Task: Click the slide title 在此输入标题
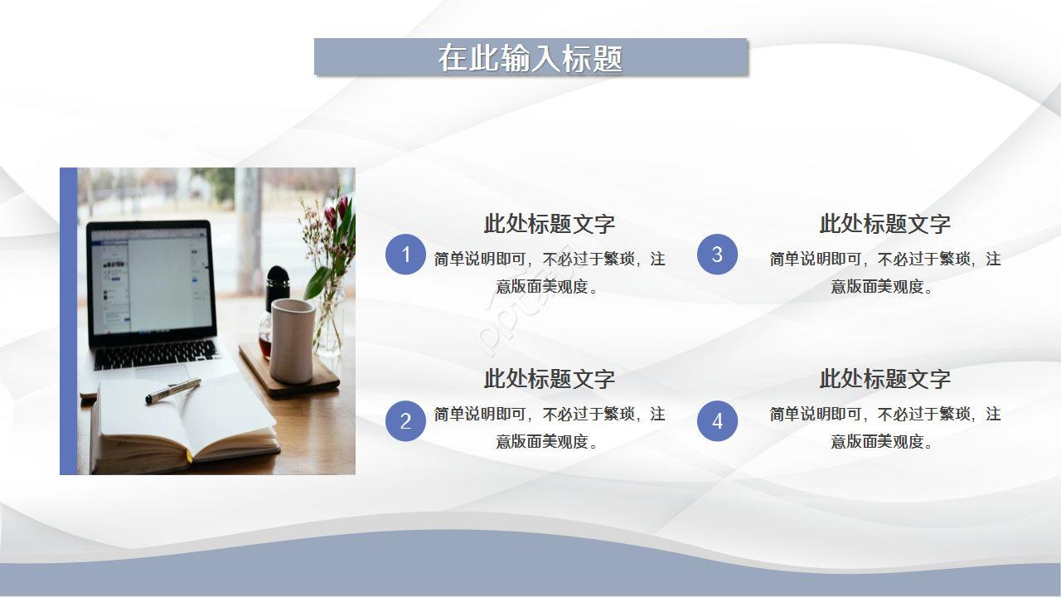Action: click(530, 58)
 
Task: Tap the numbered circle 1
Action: click(405, 255)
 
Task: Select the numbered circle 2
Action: click(405, 421)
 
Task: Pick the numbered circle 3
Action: click(717, 255)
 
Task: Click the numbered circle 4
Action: click(717, 421)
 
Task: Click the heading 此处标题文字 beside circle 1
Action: click(550, 224)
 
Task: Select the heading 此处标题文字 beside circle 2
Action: click(550, 379)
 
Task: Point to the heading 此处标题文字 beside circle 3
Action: click(884, 224)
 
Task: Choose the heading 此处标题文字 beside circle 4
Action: click(884, 379)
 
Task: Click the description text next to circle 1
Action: click(550, 273)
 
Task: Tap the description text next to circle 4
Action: click(884, 427)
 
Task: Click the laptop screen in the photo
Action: click(149, 282)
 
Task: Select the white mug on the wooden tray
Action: click(293, 340)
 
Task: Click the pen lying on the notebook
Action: click(173, 391)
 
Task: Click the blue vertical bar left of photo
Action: click(68, 321)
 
